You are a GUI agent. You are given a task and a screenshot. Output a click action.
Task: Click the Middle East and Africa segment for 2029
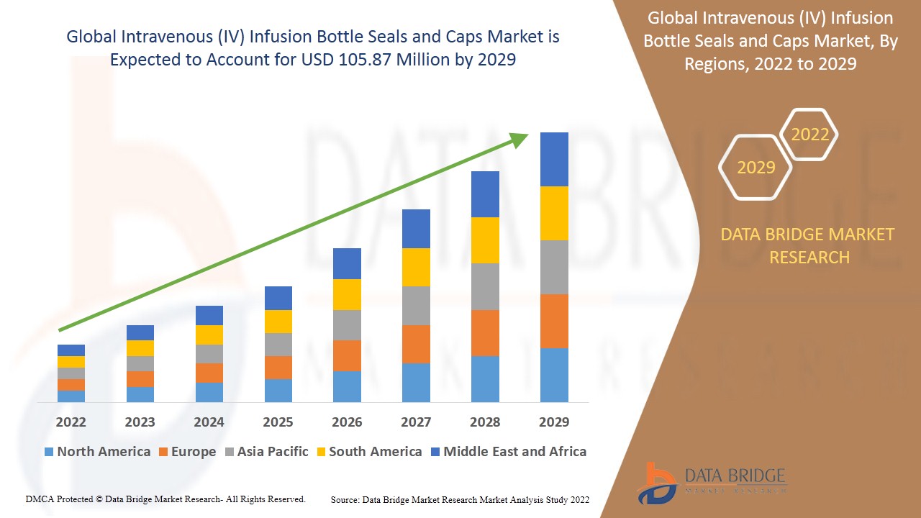click(x=554, y=159)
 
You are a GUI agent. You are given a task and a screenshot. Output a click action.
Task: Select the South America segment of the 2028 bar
click(x=485, y=240)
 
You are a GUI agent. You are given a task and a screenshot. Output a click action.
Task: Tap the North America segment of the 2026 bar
click(x=347, y=386)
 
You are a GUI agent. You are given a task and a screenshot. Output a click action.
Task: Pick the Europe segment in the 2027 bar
click(x=416, y=344)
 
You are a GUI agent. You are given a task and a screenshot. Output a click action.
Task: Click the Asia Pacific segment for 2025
click(x=278, y=345)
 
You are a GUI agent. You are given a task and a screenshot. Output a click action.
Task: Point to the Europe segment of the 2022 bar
click(x=71, y=385)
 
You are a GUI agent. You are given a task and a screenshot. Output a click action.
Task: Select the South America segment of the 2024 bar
click(x=209, y=335)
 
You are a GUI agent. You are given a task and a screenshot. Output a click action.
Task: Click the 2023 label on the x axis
click(x=140, y=422)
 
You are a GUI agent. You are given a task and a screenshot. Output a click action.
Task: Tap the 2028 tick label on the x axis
click(x=485, y=422)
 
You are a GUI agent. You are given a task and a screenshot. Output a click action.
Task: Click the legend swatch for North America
click(x=49, y=452)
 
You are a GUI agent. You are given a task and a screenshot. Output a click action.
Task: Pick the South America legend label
click(x=375, y=452)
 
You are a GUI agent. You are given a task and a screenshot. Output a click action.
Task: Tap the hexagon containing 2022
click(x=809, y=135)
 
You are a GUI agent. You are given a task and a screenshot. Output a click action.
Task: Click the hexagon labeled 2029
click(x=756, y=168)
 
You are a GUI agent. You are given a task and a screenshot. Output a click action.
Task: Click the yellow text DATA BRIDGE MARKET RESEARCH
click(x=809, y=245)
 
